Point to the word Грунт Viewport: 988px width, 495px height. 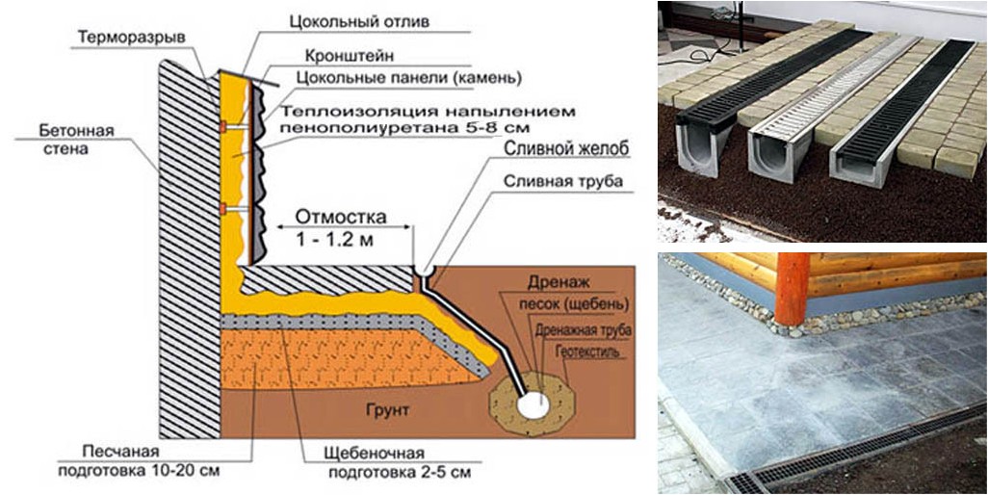tap(387, 410)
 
